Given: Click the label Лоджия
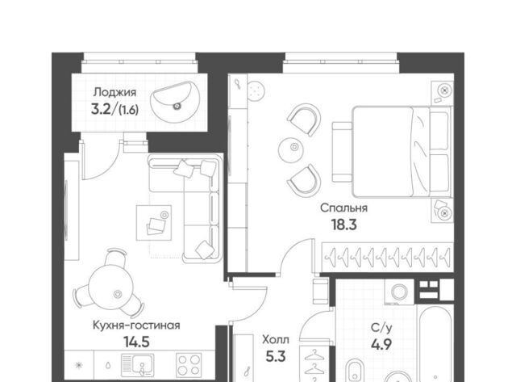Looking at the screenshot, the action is [x=114, y=92].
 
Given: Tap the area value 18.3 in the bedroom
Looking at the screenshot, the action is [x=344, y=225].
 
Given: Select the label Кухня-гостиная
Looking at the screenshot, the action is [x=136, y=325].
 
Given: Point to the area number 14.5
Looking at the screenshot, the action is [x=136, y=342].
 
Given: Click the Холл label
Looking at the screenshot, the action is [x=276, y=339].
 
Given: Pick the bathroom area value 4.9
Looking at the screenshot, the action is [x=381, y=345].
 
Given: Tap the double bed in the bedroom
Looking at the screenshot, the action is [x=392, y=152].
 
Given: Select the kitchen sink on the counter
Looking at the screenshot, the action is [x=138, y=366].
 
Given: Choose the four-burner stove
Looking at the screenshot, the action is [x=189, y=365].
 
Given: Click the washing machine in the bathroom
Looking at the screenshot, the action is [x=400, y=292].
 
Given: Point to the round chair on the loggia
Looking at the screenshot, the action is [x=175, y=103].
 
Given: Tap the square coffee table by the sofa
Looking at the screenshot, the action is [x=154, y=223].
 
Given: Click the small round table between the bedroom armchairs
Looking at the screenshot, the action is [x=290, y=150].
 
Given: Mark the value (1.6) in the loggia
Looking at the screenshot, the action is [x=128, y=110].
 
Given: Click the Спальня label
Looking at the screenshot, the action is [x=344, y=208].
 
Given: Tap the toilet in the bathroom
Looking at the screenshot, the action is [x=355, y=371].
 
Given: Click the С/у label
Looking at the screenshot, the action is [x=381, y=328].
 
